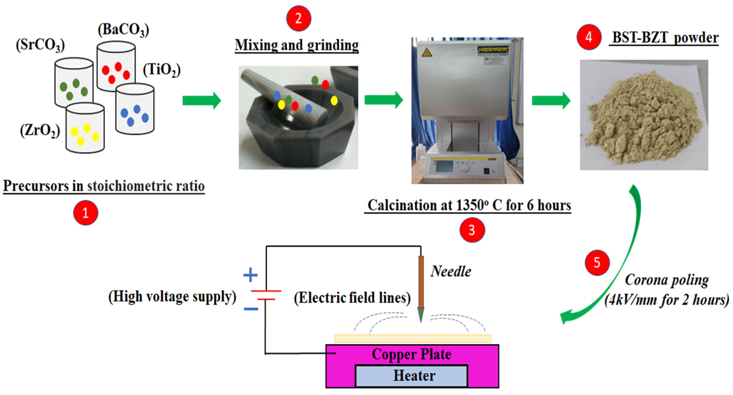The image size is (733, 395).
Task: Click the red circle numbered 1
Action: [x=86, y=213]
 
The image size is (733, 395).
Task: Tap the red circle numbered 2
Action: [x=299, y=18]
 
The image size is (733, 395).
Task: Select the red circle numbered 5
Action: [x=597, y=262]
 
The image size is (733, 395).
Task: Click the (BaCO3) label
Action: [x=123, y=30]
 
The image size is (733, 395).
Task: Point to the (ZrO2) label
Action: [x=40, y=131]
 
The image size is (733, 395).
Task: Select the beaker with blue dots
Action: [x=135, y=110]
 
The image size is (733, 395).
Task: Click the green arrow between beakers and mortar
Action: [x=201, y=100]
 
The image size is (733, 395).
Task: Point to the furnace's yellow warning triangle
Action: [x=427, y=53]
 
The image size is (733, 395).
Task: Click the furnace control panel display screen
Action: [x=444, y=166]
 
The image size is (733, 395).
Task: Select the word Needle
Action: [x=451, y=271]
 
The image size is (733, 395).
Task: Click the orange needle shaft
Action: [x=421, y=282]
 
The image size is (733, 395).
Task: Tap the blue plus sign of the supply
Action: [x=250, y=275]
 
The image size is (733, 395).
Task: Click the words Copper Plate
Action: [x=411, y=354]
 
